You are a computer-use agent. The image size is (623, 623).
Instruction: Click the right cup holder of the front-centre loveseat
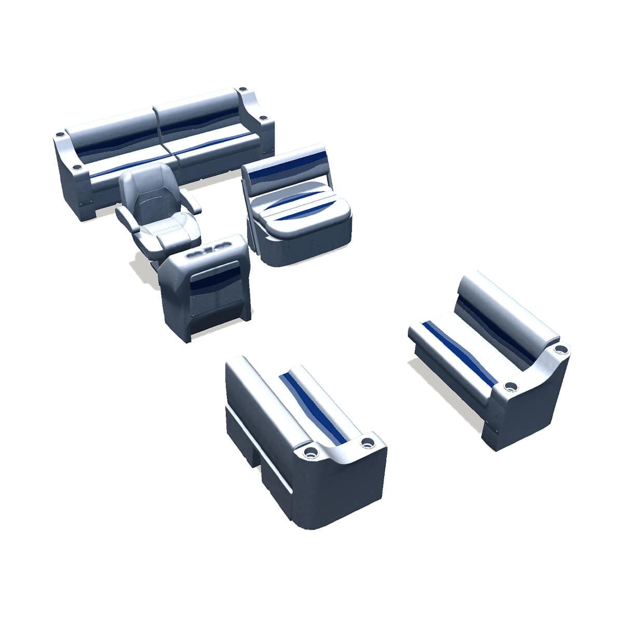tap(368, 442)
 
